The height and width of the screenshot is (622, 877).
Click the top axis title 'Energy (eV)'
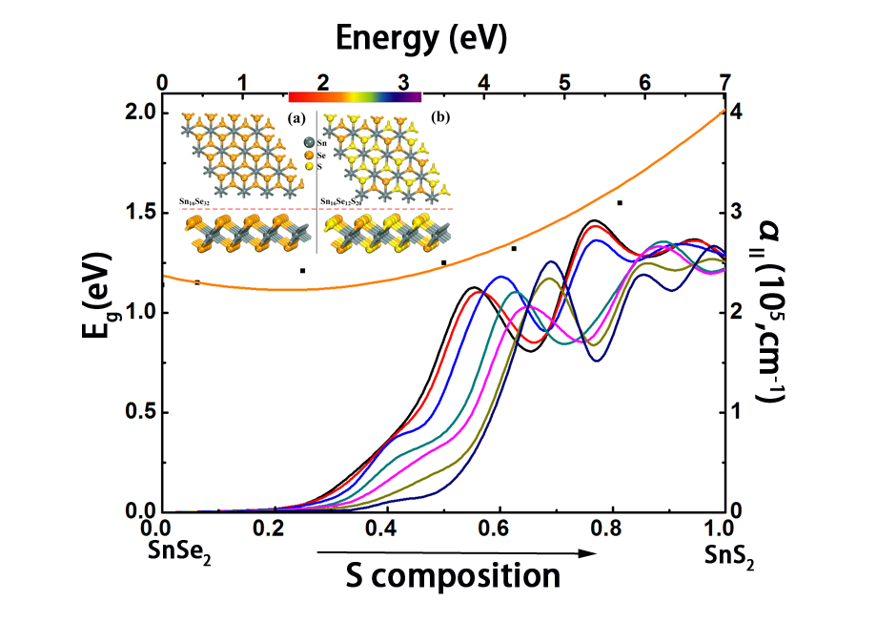click(x=419, y=38)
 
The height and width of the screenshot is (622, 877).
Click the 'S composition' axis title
click(x=454, y=575)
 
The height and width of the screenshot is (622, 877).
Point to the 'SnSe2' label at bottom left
click(x=179, y=551)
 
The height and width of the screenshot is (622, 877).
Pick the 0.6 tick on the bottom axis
click(x=496, y=528)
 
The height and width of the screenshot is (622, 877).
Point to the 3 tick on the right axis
click(x=734, y=212)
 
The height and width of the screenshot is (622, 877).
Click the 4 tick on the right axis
click(x=734, y=113)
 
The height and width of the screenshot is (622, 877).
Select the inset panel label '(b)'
click(x=440, y=118)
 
